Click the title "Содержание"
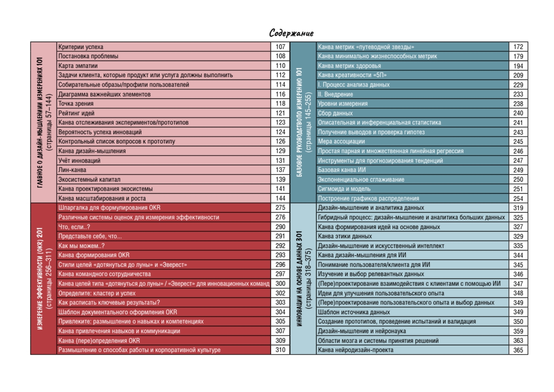(x=291, y=33)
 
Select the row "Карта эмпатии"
(x=78, y=66)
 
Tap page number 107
(x=280, y=47)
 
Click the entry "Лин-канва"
(x=72, y=170)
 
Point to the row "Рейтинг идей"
(x=76, y=113)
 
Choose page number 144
(x=280, y=198)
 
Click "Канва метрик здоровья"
(x=349, y=66)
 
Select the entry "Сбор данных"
(x=335, y=113)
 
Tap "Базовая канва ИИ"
(x=342, y=170)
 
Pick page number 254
(x=518, y=198)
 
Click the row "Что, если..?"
(x=74, y=227)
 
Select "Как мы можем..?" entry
(x=81, y=246)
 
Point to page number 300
(x=280, y=284)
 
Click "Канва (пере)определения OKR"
(x=99, y=340)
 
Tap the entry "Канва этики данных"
(x=345, y=236)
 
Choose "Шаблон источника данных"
(x=354, y=312)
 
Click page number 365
(x=518, y=350)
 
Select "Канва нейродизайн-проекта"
(x=356, y=350)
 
